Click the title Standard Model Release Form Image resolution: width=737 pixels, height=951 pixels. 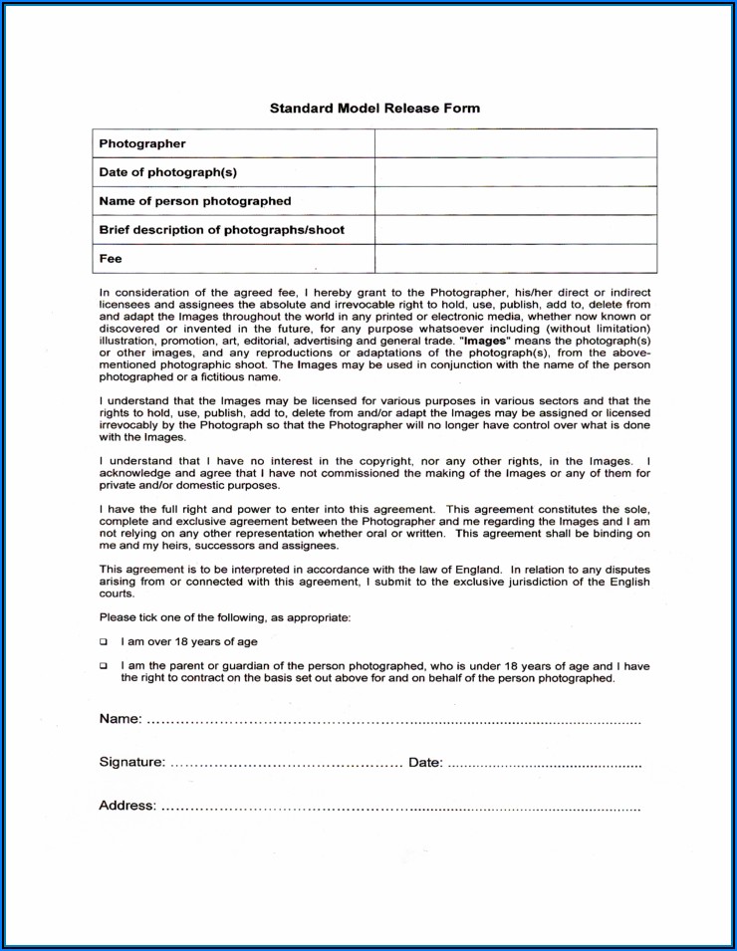tap(374, 108)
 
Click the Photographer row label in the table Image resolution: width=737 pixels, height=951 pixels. tap(142, 143)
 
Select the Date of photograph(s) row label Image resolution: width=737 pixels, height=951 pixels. tap(167, 172)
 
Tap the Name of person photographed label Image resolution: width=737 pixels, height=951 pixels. tap(195, 201)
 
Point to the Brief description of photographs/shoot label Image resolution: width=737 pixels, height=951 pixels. tap(221, 230)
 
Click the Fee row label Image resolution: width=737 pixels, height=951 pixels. tap(111, 259)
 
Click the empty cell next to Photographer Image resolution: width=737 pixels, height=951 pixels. tap(515, 143)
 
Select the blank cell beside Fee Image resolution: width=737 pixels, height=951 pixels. tap(515, 259)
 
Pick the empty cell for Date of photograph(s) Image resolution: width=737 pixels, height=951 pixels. tap(515, 172)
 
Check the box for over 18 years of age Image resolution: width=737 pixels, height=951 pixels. tap(104, 642)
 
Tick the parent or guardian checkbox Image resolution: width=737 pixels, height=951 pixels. tap(104, 665)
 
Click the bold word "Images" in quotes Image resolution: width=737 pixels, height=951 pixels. tap(486, 341)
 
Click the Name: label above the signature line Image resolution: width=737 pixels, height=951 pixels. tap(121, 719)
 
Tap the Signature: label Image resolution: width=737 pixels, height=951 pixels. tap(132, 762)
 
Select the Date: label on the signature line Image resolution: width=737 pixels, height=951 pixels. tap(425, 762)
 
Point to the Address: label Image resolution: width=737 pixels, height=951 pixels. tap(127, 806)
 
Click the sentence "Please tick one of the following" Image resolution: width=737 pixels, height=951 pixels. tap(225, 617)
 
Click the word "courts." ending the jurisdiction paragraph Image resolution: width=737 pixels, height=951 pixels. tap(117, 594)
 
